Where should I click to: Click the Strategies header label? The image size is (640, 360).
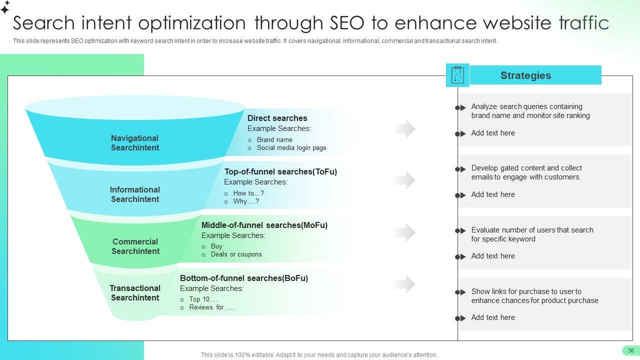point(525,75)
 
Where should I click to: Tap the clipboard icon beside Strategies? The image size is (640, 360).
point(457,75)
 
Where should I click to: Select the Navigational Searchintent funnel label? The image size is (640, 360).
point(135,143)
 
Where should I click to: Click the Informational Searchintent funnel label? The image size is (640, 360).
point(135,194)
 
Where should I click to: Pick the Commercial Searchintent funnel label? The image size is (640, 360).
point(135,246)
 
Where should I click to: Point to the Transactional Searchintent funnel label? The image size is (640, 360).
point(135,293)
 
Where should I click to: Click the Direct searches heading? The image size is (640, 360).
point(277,118)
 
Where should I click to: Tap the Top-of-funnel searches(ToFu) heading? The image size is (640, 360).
point(280,171)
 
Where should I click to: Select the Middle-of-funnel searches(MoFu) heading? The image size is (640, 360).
point(264,225)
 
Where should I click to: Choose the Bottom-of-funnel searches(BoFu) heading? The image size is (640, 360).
point(243,278)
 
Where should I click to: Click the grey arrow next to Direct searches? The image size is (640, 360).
point(404,129)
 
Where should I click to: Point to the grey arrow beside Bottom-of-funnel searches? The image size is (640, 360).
point(404,284)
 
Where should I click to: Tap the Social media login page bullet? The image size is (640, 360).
point(291,147)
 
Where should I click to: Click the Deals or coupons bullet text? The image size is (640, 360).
point(236,254)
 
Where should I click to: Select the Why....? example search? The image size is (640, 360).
point(246,201)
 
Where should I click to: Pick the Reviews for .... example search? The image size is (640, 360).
point(211,307)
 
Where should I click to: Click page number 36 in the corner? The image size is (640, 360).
point(631,350)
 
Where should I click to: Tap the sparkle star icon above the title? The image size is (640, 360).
point(5,7)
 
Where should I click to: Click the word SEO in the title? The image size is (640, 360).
point(347,23)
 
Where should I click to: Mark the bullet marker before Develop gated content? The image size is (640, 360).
point(460,169)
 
